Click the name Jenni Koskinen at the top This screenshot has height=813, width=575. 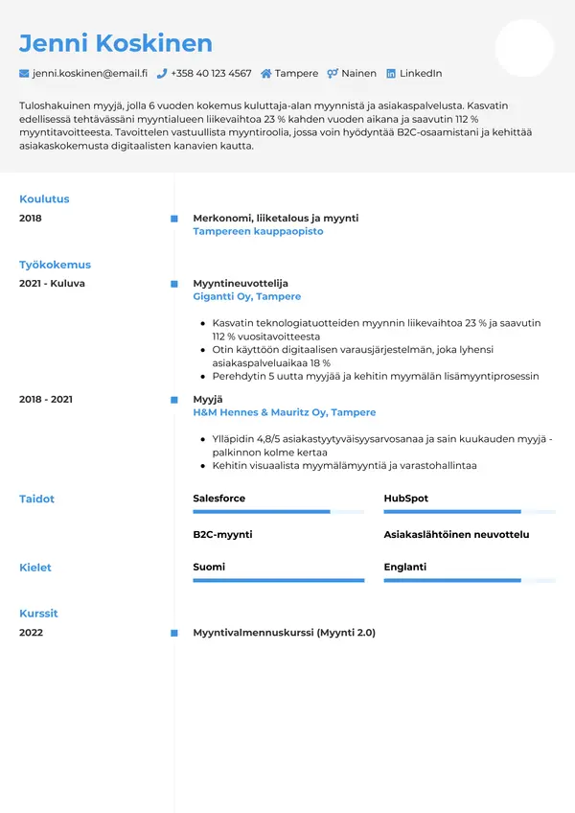116,43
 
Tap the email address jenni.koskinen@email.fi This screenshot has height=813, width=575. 89,73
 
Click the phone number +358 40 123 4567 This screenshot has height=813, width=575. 211,73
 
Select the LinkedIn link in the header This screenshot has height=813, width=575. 420,73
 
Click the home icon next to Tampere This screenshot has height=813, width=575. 265,73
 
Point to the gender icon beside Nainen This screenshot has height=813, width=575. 333,73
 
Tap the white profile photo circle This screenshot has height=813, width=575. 524,48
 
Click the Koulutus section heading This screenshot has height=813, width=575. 44,199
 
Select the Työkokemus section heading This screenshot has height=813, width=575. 55,265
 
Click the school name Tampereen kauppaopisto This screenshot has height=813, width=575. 258,231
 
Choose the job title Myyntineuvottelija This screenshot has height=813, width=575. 240,284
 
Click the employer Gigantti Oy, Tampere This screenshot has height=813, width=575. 246,297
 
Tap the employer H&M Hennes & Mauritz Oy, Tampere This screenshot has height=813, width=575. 284,412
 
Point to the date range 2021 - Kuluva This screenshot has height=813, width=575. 52,284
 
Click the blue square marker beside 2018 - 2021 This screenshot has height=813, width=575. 173,399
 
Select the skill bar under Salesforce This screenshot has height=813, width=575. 278,512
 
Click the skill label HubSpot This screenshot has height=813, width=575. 405,499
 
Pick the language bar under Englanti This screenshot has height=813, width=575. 470,580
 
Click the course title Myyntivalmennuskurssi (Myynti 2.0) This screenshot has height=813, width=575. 284,633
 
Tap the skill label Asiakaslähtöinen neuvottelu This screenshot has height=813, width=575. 456,534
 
